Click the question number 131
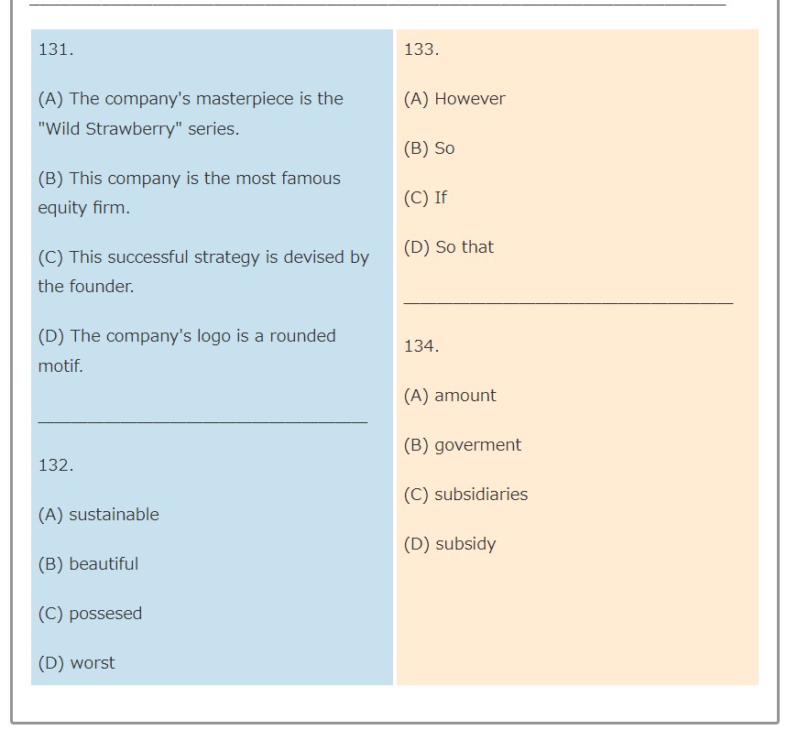coord(56,49)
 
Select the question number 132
coord(56,465)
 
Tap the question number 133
coord(421,49)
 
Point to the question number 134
coord(421,346)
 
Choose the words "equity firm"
coord(83,208)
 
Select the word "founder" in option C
coord(102,287)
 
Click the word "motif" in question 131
coord(60,365)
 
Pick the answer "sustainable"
coord(114,515)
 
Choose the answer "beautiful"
coord(104,564)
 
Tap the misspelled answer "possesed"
coord(105,614)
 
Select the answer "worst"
coord(93,663)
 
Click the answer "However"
coord(470,99)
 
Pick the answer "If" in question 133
coord(441,198)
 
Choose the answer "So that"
coord(465,247)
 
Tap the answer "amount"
coord(465,396)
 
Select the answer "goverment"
coord(478,445)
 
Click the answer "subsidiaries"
coord(481,495)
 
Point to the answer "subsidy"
coord(465,545)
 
